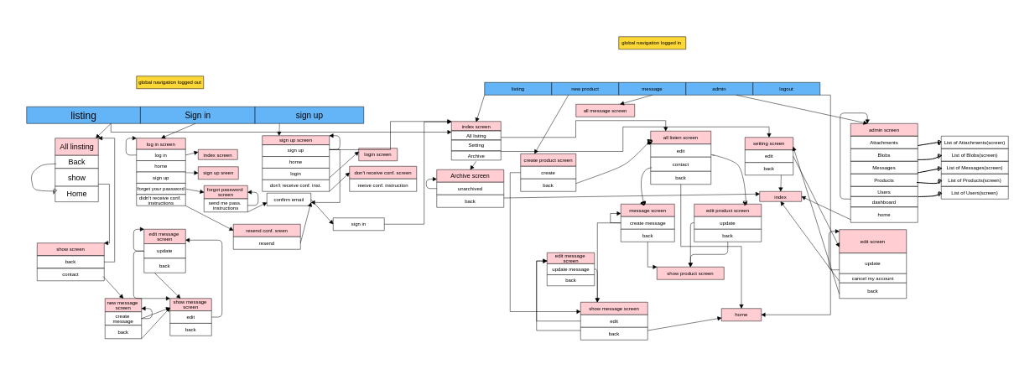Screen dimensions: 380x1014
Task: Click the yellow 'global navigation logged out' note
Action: pos(169,82)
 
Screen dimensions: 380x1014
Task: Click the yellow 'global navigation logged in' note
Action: pos(652,43)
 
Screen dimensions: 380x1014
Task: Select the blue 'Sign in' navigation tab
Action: pos(197,115)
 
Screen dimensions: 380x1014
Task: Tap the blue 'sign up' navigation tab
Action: pos(309,115)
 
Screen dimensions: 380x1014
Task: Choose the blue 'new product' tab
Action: pos(585,88)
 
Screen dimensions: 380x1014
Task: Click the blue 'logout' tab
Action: pos(786,88)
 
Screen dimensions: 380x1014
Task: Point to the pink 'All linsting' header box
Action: pos(76,147)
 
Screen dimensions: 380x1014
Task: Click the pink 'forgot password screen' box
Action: pos(226,192)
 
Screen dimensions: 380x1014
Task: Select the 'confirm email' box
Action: pos(289,200)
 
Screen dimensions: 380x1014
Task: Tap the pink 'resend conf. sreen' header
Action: pos(266,231)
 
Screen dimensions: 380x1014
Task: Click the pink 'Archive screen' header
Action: pos(470,176)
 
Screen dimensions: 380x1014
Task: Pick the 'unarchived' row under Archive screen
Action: pos(470,189)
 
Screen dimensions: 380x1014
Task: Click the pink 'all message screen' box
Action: pos(605,111)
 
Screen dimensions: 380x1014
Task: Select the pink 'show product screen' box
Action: pos(689,273)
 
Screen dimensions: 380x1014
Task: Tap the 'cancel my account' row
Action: pos(872,278)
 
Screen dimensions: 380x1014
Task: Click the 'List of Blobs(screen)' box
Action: pos(974,155)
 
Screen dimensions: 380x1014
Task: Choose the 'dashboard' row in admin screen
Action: pos(883,202)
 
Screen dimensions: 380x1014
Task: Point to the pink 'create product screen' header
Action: pos(548,160)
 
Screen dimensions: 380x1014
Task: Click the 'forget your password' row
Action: pos(160,189)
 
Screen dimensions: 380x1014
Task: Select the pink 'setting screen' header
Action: pos(768,143)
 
